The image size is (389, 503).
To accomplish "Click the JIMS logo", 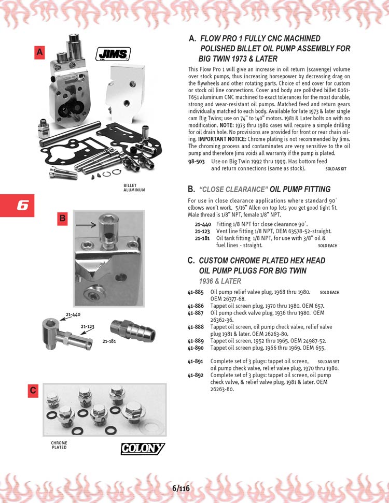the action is tap(113, 54).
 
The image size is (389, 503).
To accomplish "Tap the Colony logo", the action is tap(143, 449).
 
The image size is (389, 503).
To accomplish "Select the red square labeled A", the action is tap(39, 52).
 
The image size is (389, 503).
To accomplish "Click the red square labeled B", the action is tap(62, 219).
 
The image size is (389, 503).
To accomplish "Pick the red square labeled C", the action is tap(33, 391).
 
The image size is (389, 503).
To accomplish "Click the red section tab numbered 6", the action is tap(17, 205).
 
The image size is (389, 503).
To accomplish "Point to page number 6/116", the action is tap(181, 488).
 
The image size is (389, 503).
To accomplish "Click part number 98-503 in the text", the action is tap(196, 161).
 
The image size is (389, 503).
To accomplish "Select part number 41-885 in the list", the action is tap(196, 292).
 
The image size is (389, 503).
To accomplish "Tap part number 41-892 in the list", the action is tap(196, 375).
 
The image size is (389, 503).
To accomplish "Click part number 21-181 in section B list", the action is tap(202, 238).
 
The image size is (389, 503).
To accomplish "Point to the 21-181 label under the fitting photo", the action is tap(109, 341).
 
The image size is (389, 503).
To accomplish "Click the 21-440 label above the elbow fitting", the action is tap(73, 314).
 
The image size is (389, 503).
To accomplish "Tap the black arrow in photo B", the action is tap(86, 225).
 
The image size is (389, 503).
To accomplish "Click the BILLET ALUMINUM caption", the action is tap(134, 188).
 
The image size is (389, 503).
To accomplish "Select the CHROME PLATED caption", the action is tap(59, 445).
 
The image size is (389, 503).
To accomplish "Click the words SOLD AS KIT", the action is tap(336, 169).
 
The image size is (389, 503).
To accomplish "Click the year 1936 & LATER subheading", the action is tap(220, 281).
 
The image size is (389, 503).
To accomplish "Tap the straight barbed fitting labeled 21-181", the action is tap(133, 330).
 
